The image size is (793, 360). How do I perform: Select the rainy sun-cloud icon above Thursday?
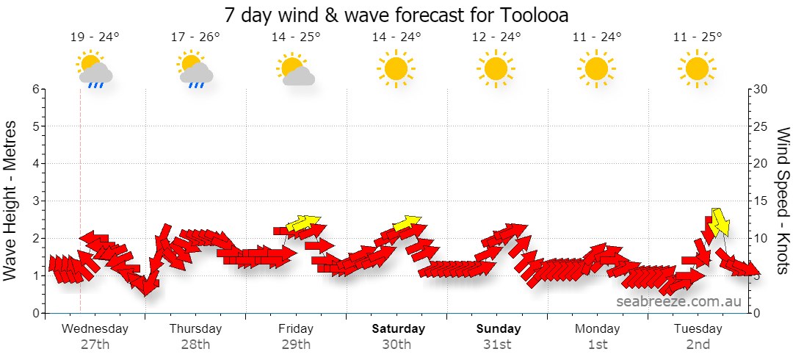195,69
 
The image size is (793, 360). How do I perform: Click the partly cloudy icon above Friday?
295,68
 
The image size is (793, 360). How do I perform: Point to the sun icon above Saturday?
396,68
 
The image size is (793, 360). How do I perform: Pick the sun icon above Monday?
596,68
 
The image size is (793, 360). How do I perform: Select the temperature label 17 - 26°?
195,37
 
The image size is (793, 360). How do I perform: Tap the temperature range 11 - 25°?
698,37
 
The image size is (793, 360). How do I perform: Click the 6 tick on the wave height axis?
36,89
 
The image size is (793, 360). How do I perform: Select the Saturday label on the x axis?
399,328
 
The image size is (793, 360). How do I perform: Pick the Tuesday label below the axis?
698,329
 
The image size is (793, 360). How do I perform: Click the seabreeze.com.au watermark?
678,302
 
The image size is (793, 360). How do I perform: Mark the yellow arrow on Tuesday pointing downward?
719,223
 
